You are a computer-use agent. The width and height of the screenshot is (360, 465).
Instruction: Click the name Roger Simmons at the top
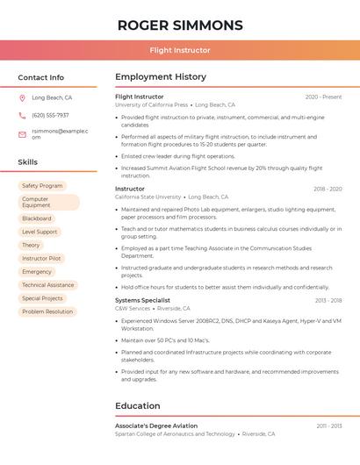click(180, 25)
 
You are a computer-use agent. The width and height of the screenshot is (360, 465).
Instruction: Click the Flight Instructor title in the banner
click(180, 50)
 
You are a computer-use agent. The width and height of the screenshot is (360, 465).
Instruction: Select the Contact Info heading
click(40, 77)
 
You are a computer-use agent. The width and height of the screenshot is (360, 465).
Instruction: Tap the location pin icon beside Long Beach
click(22, 98)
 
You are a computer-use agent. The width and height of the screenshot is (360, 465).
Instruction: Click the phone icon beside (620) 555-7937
click(22, 115)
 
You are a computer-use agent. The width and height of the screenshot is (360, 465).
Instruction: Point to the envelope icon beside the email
click(22, 134)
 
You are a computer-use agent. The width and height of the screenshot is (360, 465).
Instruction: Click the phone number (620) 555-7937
click(50, 115)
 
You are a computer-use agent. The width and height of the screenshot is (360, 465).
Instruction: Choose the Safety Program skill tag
click(42, 186)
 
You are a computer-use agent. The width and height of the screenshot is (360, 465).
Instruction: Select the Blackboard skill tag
click(37, 218)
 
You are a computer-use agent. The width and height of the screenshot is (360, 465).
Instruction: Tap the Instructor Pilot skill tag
click(41, 259)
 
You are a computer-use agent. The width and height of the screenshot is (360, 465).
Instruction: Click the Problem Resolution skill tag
click(47, 311)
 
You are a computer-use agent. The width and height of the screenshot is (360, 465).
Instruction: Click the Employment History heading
click(161, 77)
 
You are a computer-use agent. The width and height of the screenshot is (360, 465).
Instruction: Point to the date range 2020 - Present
click(323, 97)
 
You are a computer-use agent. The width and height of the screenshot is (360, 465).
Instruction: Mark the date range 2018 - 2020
click(327, 189)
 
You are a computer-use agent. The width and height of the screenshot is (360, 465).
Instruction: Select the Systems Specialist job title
click(142, 300)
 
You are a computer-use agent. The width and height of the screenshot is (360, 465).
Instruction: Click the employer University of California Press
click(151, 104)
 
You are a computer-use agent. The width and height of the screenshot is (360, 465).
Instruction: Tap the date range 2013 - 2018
click(328, 300)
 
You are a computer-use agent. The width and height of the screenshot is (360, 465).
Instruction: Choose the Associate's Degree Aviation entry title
click(156, 426)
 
